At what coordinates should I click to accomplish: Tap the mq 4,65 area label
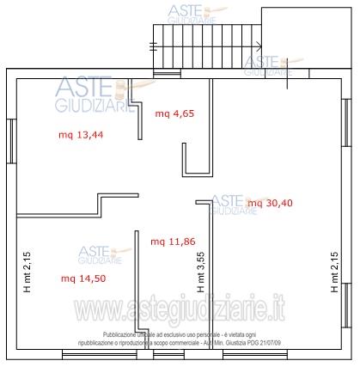click(x=174, y=113)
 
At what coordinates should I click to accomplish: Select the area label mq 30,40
click(x=269, y=203)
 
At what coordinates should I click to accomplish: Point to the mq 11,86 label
click(x=171, y=242)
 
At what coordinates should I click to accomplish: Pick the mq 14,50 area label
click(x=82, y=278)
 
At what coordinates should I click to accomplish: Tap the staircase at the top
click(x=206, y=49)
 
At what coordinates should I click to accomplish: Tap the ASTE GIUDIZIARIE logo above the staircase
click(x=193, y=13)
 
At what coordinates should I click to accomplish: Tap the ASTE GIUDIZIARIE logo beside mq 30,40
click(x=235, y=204)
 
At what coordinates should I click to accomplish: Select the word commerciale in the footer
click(x=183, y=343)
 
